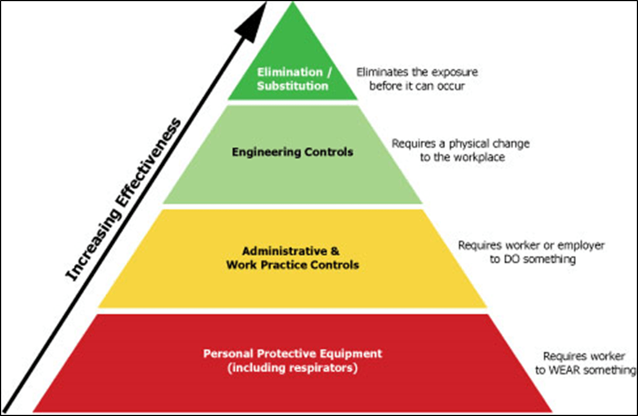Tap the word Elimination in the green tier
tap(290, 72)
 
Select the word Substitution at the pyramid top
tap(292, 86)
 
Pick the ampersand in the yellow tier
tap(335, 251)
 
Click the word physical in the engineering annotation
tap(469, 144)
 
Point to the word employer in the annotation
tap(581, 246)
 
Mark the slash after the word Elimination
tap(330, 72)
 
